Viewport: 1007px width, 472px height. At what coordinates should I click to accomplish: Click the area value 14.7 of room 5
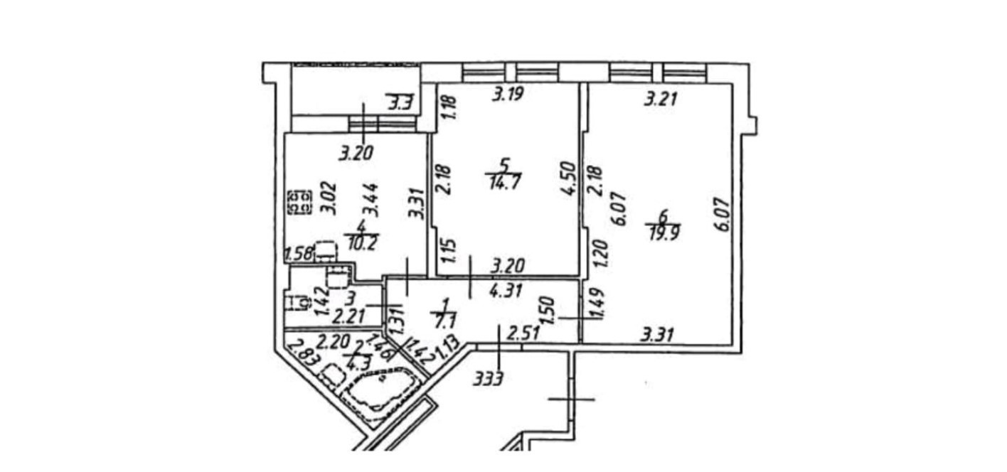pyautogui.click(x=502, y=184)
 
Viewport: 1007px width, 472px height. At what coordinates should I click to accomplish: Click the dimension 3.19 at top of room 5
pyautogui.click(x=509, y=94)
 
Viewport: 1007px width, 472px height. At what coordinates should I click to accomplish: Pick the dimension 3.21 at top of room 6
pyautogui.click(x=659, y=100)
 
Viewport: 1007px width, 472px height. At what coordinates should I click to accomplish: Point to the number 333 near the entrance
pyautogui.click(x=489, y=378)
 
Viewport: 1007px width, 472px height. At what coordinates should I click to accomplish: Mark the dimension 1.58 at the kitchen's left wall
pyautogui.click(x=298, y=254)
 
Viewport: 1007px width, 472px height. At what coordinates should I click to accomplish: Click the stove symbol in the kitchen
pyautogui.click(x=299, y=201)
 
